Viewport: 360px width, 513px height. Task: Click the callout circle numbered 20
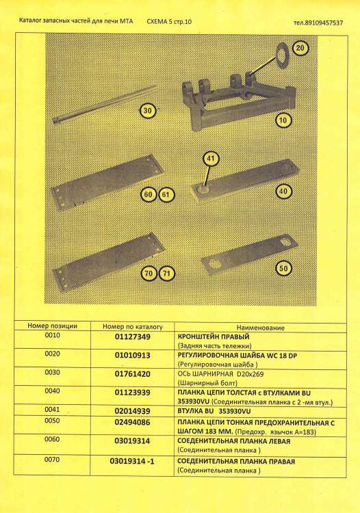[x=300, y=49]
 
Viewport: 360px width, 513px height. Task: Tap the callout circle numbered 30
[x=148, y=111]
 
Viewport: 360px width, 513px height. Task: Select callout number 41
[x=210, y=159]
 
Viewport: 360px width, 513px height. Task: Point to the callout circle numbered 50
[x=283, y=269]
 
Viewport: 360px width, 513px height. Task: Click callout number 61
[x=166, y=195]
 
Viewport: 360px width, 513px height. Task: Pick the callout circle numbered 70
[x=149, y=273]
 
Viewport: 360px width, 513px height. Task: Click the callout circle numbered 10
[x=283, y=120]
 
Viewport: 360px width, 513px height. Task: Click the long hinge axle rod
[x=105, y=105]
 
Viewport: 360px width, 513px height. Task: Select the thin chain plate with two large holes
[x=250, y=254]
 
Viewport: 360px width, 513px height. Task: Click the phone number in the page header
[x=318, y=23]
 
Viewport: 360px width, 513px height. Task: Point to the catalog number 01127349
[x=133, y=337]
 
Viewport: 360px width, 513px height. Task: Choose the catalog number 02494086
[x=132, y=422]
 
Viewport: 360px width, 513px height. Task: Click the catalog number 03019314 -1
[x=132, y=462]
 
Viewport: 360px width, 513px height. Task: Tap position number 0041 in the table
[x=52, y=409]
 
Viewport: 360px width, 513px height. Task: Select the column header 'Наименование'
[x=261, y=328]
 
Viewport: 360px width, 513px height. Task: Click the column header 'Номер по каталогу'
[x=133, y=326]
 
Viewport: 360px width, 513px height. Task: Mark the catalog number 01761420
[x=133, y=374]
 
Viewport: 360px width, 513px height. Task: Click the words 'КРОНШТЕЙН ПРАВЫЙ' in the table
[x=214, y=337]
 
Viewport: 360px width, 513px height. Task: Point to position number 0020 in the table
[x=52, y=354]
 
